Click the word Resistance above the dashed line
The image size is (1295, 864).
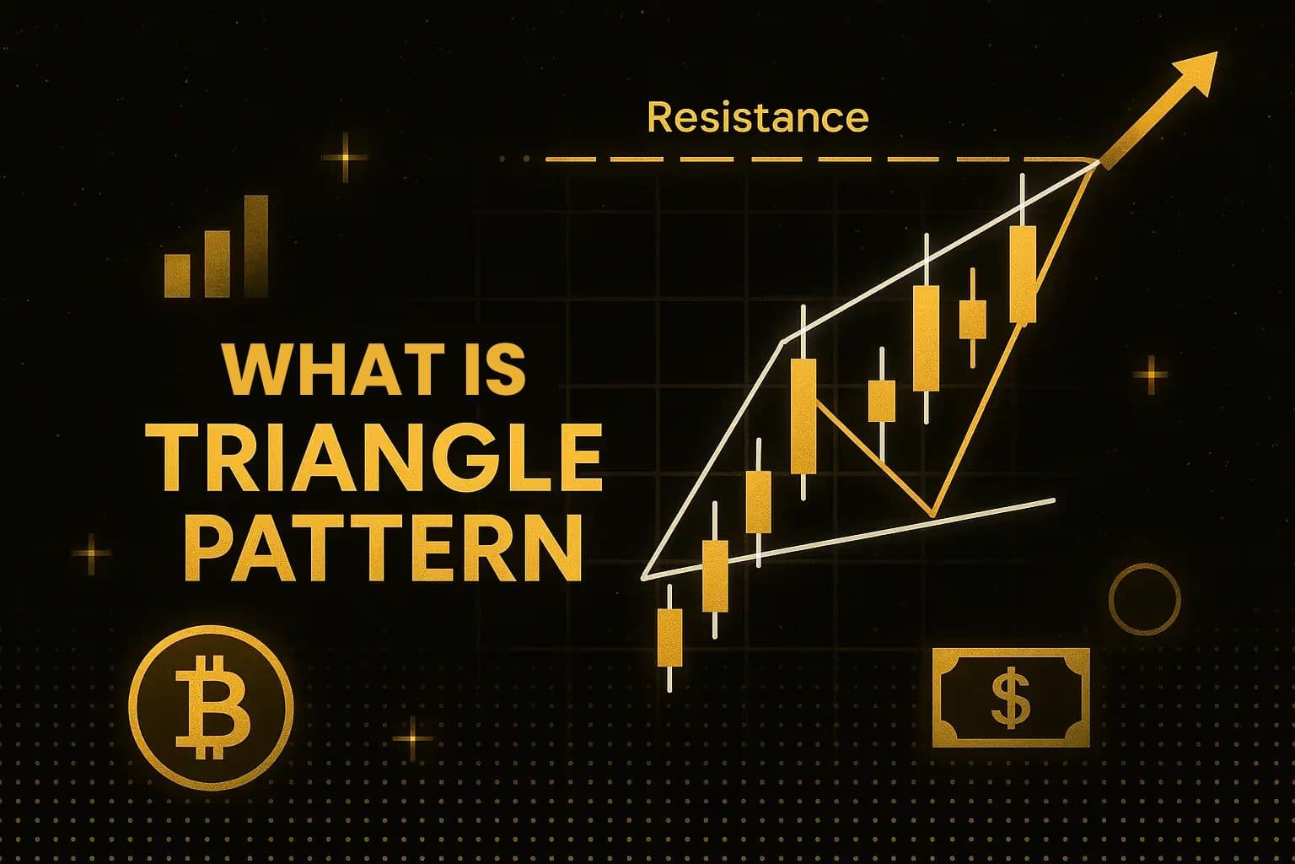[757, 117]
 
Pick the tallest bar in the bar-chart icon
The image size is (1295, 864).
[255, 246]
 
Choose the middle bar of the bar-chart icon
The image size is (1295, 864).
[218, 262]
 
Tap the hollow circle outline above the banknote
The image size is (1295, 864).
[1144, 600]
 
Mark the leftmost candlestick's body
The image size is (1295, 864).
[669, 637]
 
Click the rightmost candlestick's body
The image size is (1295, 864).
[1023, 274]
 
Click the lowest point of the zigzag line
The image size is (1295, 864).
[932, 514]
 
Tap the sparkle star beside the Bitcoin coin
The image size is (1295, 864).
[413, 739]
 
